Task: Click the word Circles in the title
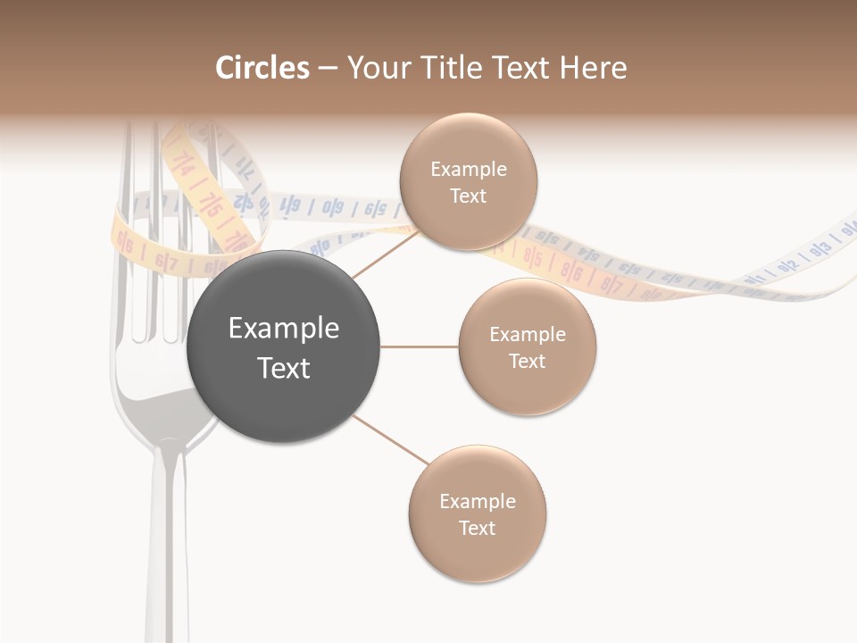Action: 262,68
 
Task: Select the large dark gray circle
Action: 283,347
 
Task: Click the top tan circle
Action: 468,181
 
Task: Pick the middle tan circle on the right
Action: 527,347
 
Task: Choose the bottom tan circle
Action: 477,514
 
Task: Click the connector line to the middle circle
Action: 419,347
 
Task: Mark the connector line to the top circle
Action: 386,254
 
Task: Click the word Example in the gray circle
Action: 283,329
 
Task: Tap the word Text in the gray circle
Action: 283,368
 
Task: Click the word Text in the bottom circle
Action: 477,528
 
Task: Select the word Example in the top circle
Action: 468,169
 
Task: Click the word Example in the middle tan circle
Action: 527,334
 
